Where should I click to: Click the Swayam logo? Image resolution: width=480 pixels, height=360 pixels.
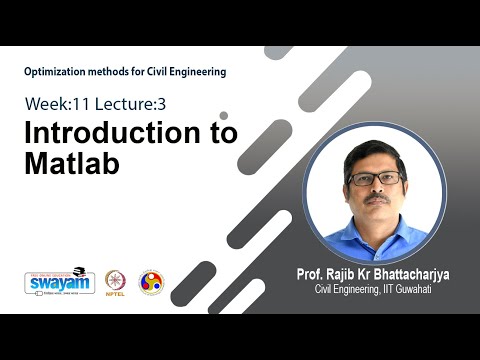point(59,282)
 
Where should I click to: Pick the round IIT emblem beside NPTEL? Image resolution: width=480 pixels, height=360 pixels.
point(151,282)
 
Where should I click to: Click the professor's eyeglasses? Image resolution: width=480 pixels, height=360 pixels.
point(376,179)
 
